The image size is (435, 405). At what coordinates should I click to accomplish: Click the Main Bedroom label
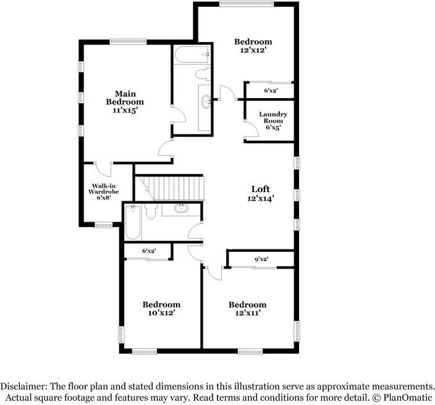click(125, 98)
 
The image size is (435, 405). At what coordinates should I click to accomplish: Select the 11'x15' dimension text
click(125, 111)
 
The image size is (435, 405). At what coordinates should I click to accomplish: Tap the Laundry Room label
click(272, 117)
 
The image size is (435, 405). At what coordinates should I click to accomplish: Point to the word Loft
click(260, 188)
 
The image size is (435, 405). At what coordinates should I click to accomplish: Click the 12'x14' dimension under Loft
click(260, 198)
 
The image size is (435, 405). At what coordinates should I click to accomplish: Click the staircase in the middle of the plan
click(177, 187)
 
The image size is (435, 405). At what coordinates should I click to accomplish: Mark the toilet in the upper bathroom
click(202, 75)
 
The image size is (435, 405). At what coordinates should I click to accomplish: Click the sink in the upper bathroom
click(205, 100)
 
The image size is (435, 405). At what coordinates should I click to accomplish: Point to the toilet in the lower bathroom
click(150, 212)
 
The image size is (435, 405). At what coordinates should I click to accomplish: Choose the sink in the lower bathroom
click(182, 209)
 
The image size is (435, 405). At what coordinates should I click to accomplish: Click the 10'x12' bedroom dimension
click(161, 313)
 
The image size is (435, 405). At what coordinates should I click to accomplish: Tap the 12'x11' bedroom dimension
click(247, 313)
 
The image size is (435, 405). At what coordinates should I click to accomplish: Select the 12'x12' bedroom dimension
click(253, 51)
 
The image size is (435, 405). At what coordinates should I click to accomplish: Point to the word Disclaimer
click(23, 385)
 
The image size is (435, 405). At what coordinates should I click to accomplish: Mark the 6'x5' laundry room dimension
click(272, 128)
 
